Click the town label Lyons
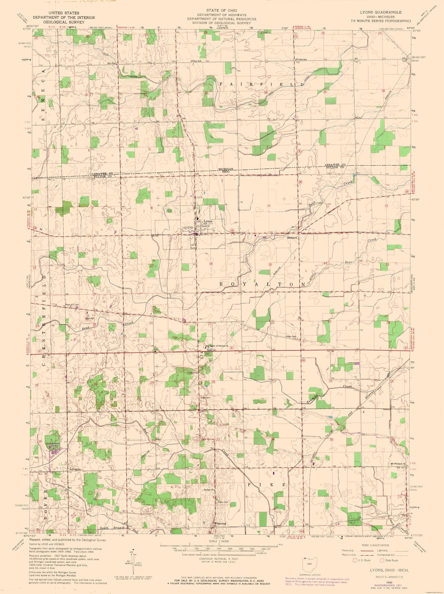click(x=208, y=221)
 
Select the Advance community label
click(x=75, y=469)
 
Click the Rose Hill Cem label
click(x=72, y=305)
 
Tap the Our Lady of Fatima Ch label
click(x=217, y=346)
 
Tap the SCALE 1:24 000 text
click(x=218, y=541)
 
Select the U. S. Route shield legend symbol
click(x=354, y=560)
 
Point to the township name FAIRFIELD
click(x=262, y=84)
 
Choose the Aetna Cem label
click(x=224, y=502)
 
